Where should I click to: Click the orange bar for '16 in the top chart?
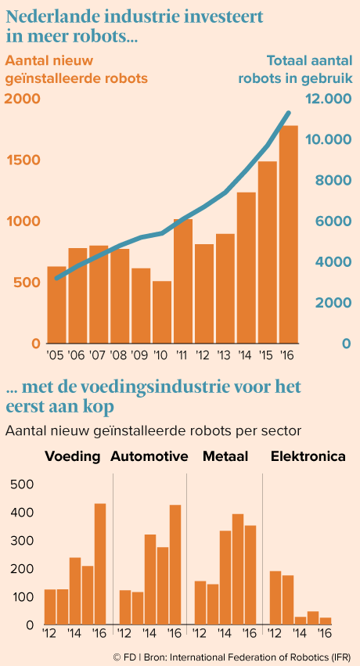pos(289,234)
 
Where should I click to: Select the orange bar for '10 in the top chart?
pos(162,311)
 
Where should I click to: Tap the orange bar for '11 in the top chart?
pos(183,281)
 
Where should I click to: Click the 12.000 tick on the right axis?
pos(329,99)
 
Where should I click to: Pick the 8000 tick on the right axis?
pos(333,181)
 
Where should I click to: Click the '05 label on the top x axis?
pos(56,355)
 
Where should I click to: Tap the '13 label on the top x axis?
pos(225,355)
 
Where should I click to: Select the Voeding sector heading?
pos(73,456)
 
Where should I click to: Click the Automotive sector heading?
pos(149,456)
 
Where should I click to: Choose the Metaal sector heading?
pos(225,456)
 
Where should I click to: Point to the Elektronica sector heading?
pos(308,456)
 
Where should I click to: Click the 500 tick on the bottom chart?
pos(24,485)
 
